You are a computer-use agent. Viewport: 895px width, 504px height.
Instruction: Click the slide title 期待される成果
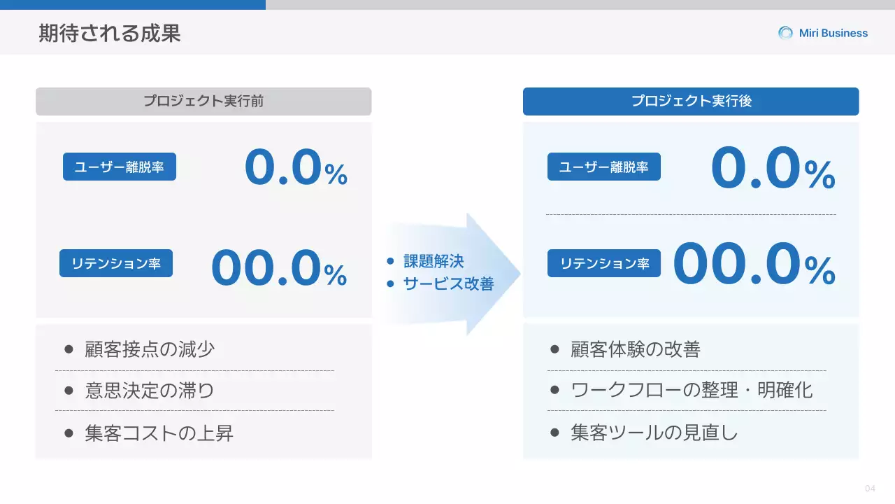tap(110, 33)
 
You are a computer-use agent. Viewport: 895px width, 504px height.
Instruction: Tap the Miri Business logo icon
tap(786, 33)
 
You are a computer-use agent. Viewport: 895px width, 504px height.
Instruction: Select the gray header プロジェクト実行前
tap(203, 101)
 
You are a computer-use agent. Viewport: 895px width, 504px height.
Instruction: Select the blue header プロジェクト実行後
tap(691, 101)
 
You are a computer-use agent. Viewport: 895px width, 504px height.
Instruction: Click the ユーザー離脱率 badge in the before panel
tap(120, 167)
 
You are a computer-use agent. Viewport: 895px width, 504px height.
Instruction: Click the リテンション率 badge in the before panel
tap(116, 264)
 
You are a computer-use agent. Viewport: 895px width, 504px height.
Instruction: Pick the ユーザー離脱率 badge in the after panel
tap(604, 167)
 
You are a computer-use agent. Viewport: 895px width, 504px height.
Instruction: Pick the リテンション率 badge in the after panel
tap(604, 264)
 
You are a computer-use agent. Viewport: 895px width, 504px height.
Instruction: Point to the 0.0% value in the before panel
tap(296, 169)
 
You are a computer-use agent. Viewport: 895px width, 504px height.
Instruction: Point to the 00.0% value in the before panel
tap(279, 269)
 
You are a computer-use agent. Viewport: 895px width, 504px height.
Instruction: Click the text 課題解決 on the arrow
tap(434, 262)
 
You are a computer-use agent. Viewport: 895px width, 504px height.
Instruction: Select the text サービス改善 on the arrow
tap(448, 284)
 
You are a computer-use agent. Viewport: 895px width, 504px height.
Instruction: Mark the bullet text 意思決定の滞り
tap(150, 391)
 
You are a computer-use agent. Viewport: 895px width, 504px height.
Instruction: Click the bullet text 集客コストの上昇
tap(159, 433)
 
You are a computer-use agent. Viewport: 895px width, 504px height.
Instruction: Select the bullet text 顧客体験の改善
tap(635, 349)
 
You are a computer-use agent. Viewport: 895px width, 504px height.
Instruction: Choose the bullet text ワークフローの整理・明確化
tap(692, 391)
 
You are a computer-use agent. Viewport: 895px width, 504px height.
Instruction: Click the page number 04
tap(870, 489)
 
